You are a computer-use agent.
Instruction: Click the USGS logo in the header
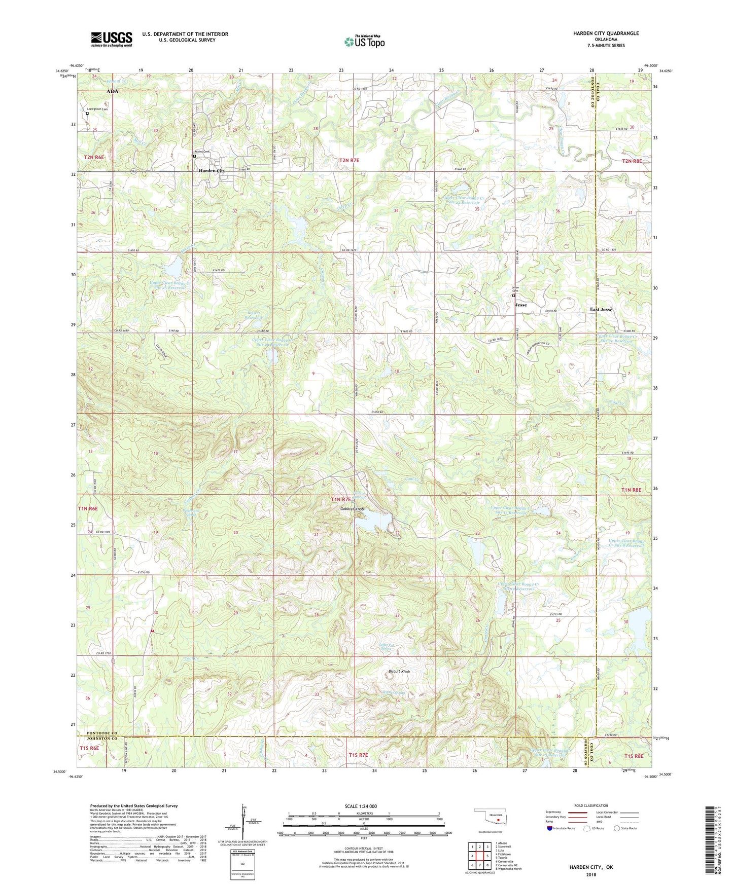pos(112,39)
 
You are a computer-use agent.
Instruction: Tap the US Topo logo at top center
pos(364,42)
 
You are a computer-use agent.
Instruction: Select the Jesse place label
pos(521,305)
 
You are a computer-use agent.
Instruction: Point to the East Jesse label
pos(601,309)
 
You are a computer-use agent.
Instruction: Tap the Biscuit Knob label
pos(399,672)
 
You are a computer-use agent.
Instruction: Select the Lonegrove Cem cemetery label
pos(97,109)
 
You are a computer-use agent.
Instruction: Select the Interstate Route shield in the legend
pos(550,828)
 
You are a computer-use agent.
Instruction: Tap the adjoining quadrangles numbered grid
pos(479,857)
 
